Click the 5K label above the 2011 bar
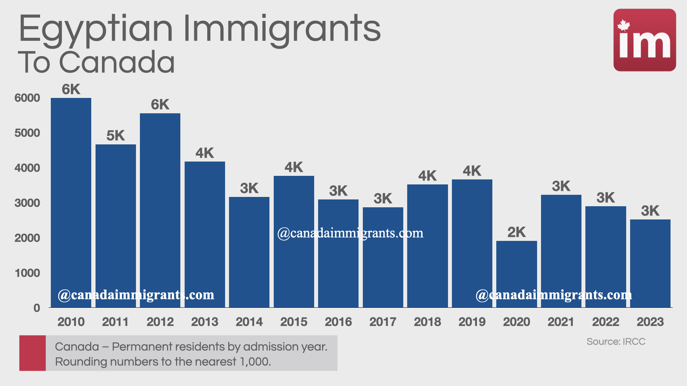[115, 136]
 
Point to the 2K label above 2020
[516, 232]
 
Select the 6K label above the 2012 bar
[160, 105]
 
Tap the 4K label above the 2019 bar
[472, 171]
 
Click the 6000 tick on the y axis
[27, 98]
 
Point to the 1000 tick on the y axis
[27, 273]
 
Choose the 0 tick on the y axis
[36, 308]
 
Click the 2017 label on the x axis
[383, 322]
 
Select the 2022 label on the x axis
[605, 322]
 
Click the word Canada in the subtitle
[117, 62]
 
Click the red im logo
[644, 40]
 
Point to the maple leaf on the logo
[624, 25]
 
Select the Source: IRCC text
[616, 342]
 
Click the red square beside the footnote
[33, 353]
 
